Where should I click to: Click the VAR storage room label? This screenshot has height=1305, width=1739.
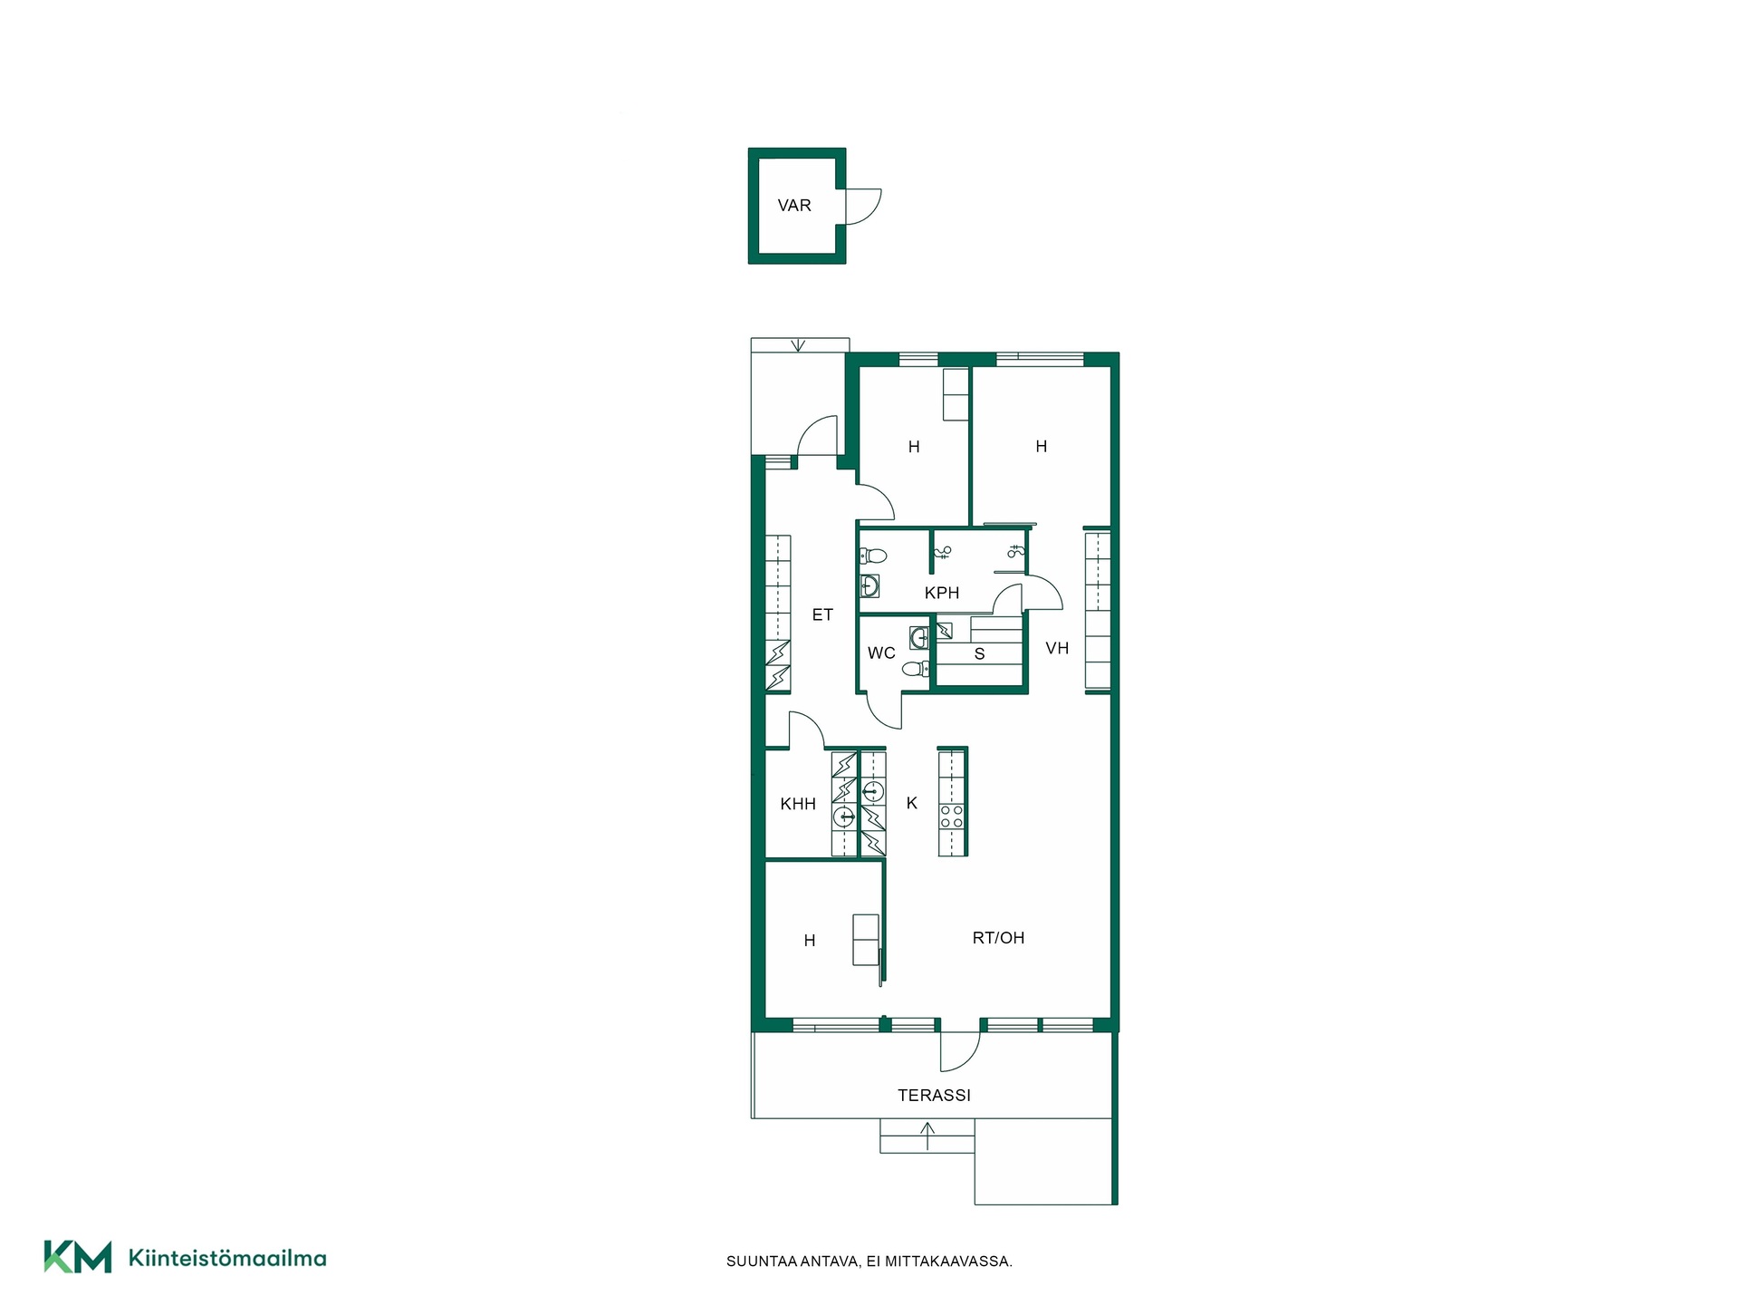coord(794,206)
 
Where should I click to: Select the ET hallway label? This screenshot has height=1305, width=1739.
coord(822,615)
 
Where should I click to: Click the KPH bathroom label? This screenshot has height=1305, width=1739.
coord(942,593)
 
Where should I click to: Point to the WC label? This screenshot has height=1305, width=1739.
coord(881,652)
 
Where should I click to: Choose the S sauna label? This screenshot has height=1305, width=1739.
coord(979,654)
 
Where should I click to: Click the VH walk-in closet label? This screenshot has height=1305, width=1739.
coord(1057,648)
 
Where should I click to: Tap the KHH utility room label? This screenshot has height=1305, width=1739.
coord(798,804)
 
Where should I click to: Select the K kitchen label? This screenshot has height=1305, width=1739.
coord(912,803)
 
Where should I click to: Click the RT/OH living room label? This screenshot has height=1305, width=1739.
coord(998,938)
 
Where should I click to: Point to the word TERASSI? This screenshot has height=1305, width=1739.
coord(934,1096)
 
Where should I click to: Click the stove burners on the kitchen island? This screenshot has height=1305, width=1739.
coord(952,817)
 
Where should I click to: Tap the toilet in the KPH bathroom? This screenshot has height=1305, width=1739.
coord(872,556)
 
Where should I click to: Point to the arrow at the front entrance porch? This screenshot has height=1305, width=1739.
coord(798,344)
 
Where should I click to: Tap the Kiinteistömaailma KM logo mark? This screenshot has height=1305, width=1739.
coord(78,1257)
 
